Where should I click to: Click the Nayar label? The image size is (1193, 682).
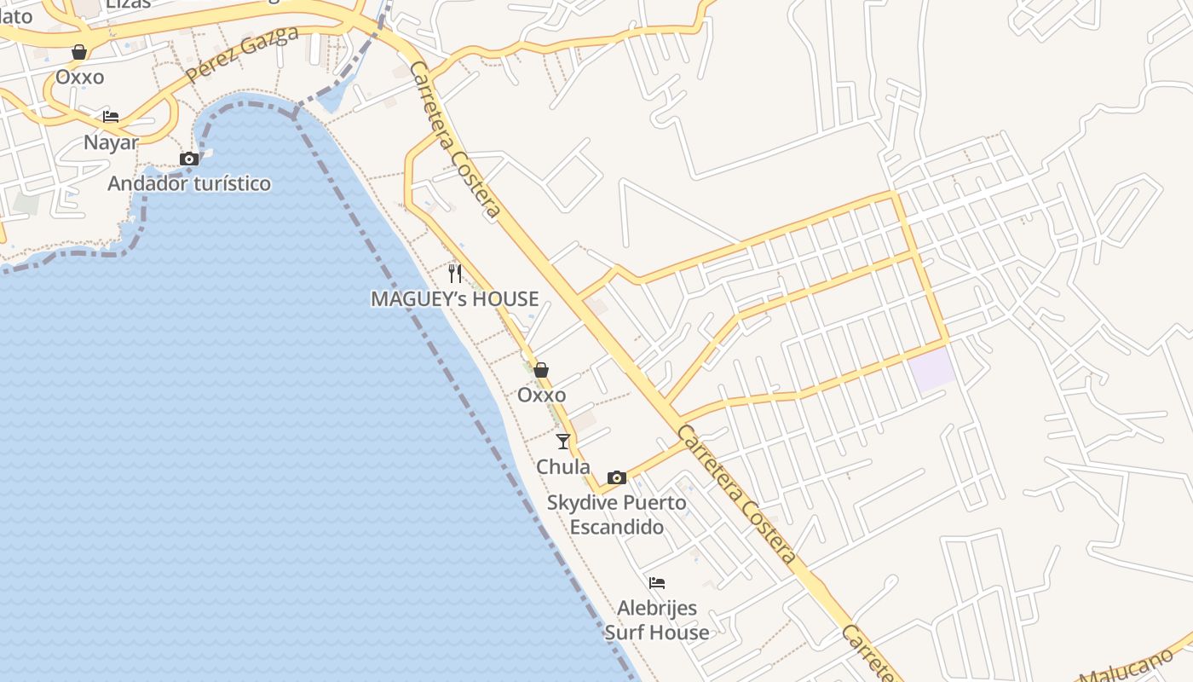pyautogui.click(x=111, y=142)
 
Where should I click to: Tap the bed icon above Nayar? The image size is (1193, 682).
pyautogui.click(x=111, y=117)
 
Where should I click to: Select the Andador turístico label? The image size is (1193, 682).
pyautogui.click(x=189, y=183)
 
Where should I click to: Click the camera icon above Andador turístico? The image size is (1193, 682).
pyautogui.click(x=189, y=159)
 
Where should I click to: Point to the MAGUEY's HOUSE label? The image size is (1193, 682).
pyautogui.click(x=454, y=299)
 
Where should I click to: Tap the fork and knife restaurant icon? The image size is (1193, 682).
pyautogui.click(x=455, y=274)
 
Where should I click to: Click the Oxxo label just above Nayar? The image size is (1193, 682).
pyautogui.click(x=80, y=78)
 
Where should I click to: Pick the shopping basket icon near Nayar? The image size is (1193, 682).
pyautogui.click(x=79, y=53)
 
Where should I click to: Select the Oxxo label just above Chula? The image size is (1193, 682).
pyautogui.click(x=541, y=396)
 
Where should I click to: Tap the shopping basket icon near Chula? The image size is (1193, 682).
pyautogui.click(x=541, y=370)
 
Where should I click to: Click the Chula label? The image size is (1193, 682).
pyautogui.click(x=563, y=467)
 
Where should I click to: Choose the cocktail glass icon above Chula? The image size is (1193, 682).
pyautogui.click(x=563, y=442)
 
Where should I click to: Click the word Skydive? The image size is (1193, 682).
pyautogui.click(x=579, y=503)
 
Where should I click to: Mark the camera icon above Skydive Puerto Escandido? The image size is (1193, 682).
pyautogui.click(x=617, y=477)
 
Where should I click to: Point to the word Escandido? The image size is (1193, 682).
pyautogui.click(x=617, y=528)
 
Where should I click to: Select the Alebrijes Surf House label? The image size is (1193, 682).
pyautogui.click(x=657, y=621)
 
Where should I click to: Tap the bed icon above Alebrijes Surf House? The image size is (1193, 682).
pyautogui.click(x=657, y=584)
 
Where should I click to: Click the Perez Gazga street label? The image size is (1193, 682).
pyautogui.click(x=242, y=55)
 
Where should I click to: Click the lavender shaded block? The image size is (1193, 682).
pyautogui.click(x=931, y=368)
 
